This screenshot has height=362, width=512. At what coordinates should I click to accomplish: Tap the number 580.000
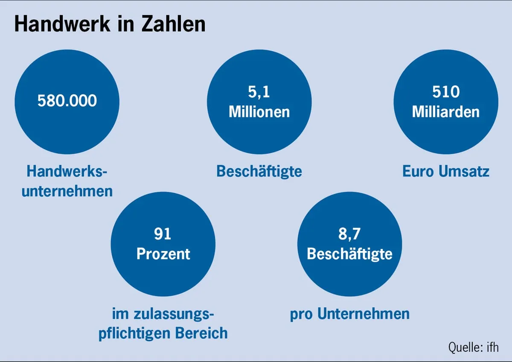pyautogui.click(x=67, y=101)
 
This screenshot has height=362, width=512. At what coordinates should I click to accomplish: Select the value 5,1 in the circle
pyautogui.click(x=259, y=92)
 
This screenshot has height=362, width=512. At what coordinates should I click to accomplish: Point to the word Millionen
pyautogui.click(x=259, y=112)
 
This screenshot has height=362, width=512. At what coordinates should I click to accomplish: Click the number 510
pyautogui.click(x=445, y=92)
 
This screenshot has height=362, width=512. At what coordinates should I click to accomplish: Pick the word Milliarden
pyautogui.click(x=445, y=112)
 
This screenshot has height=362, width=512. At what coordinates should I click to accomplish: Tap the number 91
pyautogui.click(x=163, y=234)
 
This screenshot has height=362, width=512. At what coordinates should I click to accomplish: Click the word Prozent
pyautogui.click(x=163, y=254)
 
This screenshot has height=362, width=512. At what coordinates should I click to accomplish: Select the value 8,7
pyautogui.click(x=349, y=234)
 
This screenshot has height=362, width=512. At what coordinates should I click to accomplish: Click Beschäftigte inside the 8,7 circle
pyautogui.click(x=349, y=254)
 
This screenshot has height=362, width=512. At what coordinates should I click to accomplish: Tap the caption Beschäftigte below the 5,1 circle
pyautogui.click(x=259, y=171)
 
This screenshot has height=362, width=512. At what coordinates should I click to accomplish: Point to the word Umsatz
pyautogui.click(x=465, y=171)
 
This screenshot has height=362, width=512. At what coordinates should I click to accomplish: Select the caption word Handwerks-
pyautogui.click(x=67, y=171)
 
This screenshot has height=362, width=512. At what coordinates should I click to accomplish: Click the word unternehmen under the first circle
pyautogui.click(x=67, y=191)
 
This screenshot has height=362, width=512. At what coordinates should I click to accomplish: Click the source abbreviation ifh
pyautogui.click(x=492, y=347)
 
